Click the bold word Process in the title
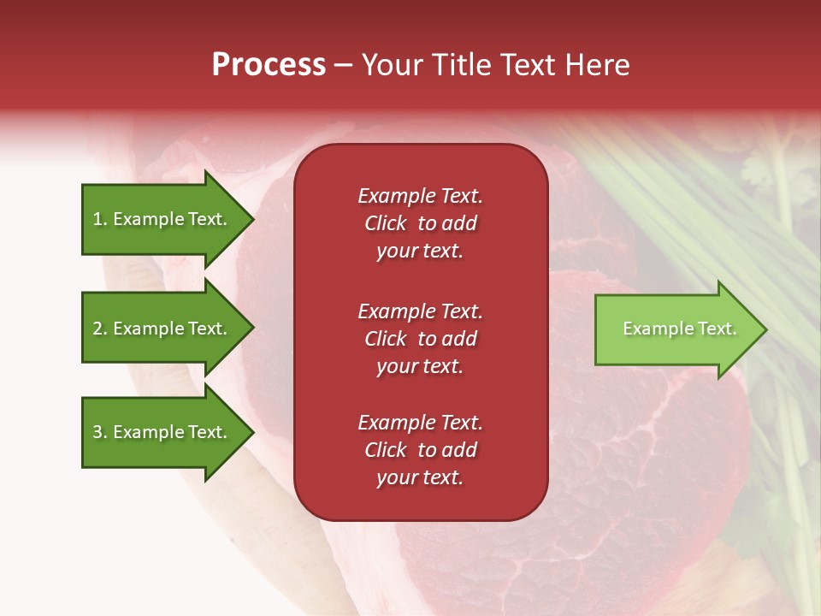click(269, 65)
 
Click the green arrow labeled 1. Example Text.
click(162, 219)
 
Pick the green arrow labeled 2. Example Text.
click(162, 329)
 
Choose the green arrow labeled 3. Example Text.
click(162, 432)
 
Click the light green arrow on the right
click(676, 329)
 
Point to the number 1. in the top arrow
click(100, 219)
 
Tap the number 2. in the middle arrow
click(100, 329)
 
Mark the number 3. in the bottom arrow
click(100, 432)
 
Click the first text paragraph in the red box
click(420, 223)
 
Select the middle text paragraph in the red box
click(420, 339)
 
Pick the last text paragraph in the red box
click(420, 450)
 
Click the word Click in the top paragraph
click(385, 223)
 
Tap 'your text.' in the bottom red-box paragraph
click(420, 478)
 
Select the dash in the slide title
click(344, 65)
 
